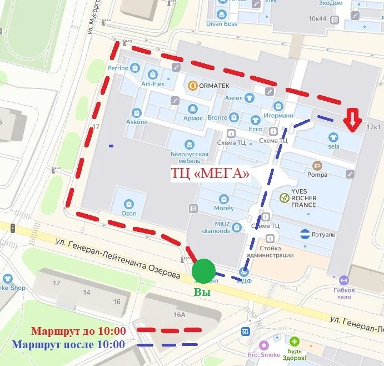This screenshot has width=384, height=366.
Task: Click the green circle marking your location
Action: pos(204,271)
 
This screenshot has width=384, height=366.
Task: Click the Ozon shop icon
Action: pos(129,204)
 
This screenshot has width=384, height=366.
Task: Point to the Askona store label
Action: pos(137,122)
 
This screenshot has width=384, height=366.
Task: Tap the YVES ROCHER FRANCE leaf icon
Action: pos(284,197)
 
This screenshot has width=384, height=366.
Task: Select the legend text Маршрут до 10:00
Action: pos(78,331)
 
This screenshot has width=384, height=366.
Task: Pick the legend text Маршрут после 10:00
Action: pos(68,344)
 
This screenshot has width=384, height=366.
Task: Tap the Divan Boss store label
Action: pos(222,24)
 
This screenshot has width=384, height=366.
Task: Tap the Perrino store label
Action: pos(118,68)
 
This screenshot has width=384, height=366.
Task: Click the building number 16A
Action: pos(179,315)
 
